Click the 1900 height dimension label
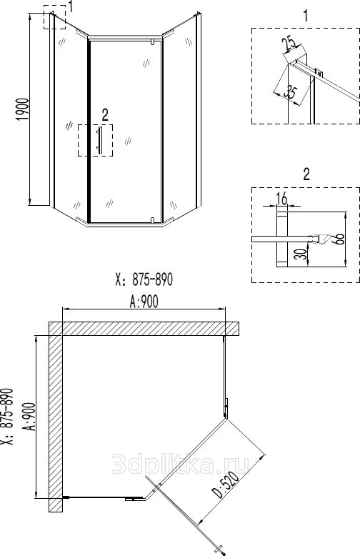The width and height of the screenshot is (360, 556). point(23,109)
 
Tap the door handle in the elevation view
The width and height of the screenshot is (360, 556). point(99,140)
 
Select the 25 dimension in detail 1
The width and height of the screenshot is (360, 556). point(289,45)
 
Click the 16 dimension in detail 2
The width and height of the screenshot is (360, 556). point(282,199)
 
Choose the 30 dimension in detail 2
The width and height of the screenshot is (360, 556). point(301,254)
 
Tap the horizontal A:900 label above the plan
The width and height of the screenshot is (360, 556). point(144,302)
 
